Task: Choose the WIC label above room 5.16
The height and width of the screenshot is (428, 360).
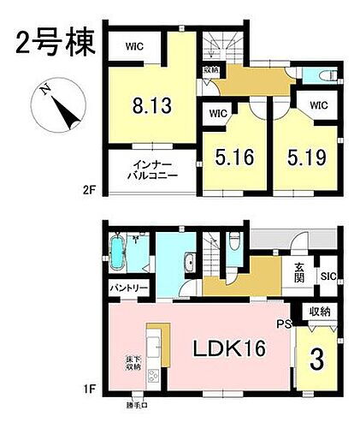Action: tap(217, 112)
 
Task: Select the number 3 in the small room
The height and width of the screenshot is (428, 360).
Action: tap(316, 359)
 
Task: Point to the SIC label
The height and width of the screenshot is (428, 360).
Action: tap(328, 276)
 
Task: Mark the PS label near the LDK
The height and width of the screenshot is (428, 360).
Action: tap(284, 323)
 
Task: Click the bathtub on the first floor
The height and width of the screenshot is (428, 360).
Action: tap(119, 255)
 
